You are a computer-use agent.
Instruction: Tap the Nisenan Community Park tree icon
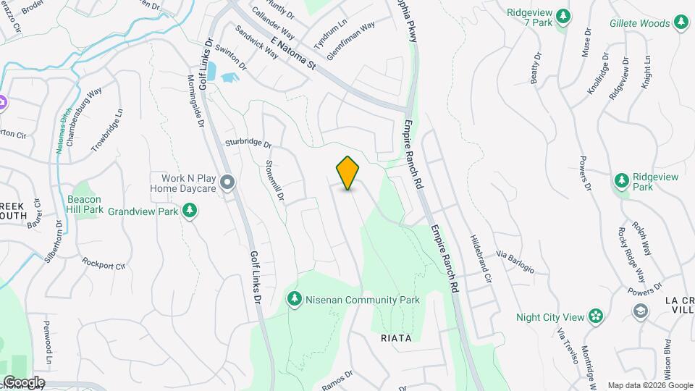point(294,299)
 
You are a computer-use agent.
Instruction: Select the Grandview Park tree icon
point(190,211)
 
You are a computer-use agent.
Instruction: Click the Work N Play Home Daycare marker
point(228,182)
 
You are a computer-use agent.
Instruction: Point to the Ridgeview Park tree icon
point(621,180)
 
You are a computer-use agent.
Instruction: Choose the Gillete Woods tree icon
point(681,23)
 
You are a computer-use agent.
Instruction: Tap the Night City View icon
point(595,316)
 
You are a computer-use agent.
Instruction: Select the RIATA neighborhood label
point(396,338)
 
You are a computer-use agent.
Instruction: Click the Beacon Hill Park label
point(85,204)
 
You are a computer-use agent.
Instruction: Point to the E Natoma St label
point(292,54)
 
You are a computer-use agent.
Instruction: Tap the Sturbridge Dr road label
point(248,143)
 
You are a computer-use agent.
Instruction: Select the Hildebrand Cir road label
point(480,258)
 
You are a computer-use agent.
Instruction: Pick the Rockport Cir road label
point(104,263)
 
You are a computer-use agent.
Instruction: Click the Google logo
point(23,382)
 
